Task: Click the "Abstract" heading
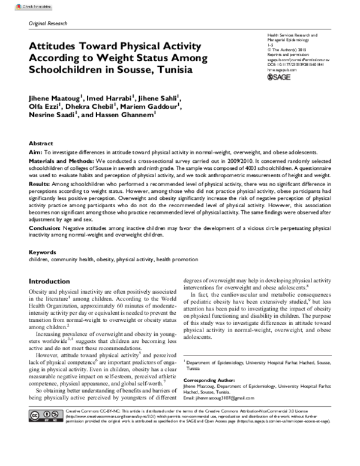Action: (x=41, y=144)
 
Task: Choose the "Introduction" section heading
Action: (x=54, y=281)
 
